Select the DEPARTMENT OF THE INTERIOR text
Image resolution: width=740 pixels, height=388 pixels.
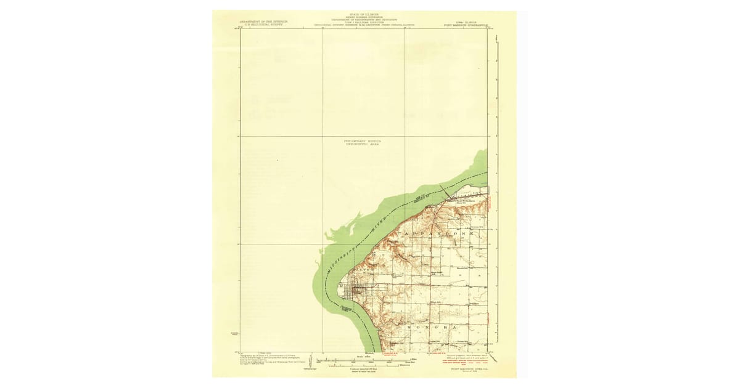click(263, 22)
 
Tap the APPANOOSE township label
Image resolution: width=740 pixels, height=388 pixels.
click(438, 235)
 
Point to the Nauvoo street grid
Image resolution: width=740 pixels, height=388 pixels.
click(357, 293)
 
